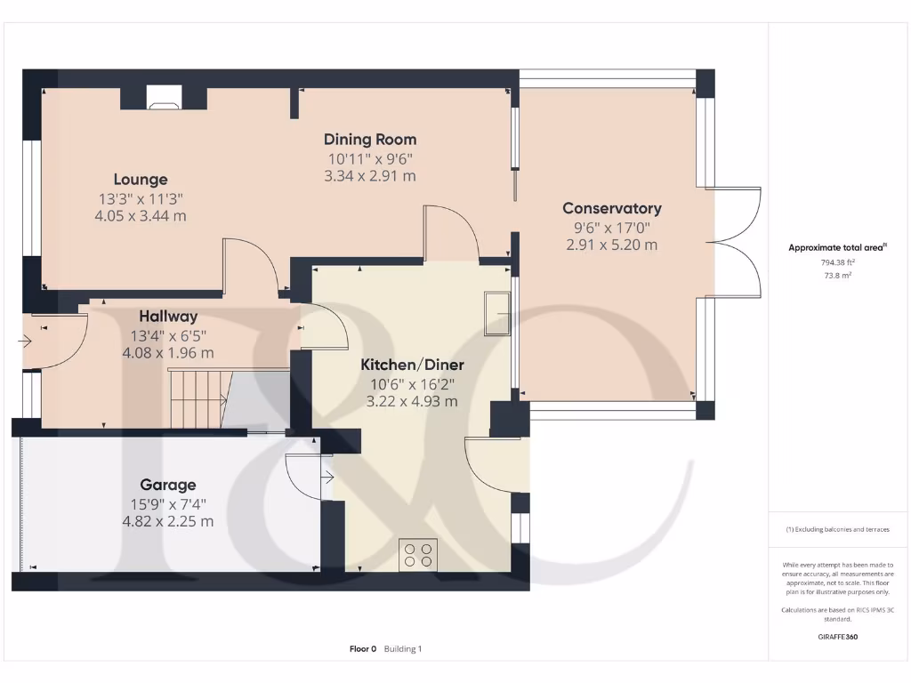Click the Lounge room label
click(140, 180)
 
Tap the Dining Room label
click(369, 140)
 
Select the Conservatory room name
click(611, 209)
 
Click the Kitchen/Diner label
click(412, 365)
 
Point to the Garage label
click(167, 486)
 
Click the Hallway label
click(168, 317)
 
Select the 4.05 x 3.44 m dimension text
click(140, 216)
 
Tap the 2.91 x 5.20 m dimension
click(611, 245)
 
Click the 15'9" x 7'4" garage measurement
click(167, 504)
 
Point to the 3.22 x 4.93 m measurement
click(412, 401)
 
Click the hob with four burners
click(417, 554)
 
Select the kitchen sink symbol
click(496, 313)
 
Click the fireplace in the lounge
click(163, 98)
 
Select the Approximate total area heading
click(837, 248)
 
